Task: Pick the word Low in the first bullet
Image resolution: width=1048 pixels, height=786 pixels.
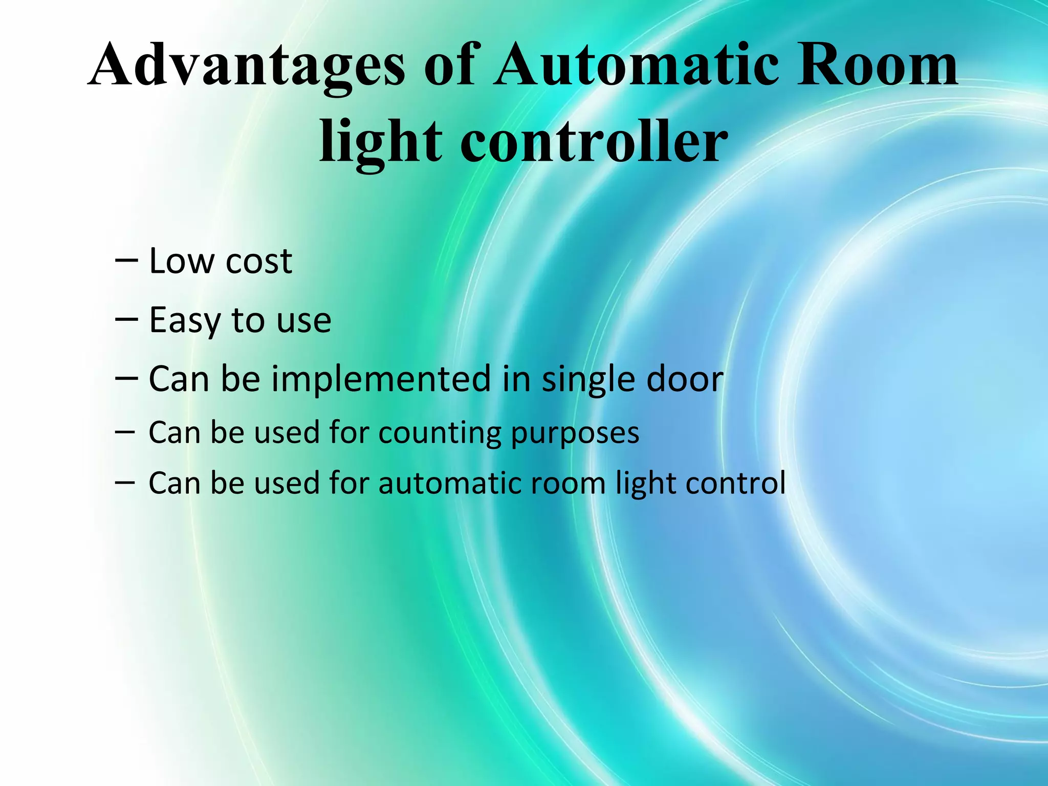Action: (x=181, y=261)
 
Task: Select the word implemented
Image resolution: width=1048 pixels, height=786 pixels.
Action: (x=381, y=380)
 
